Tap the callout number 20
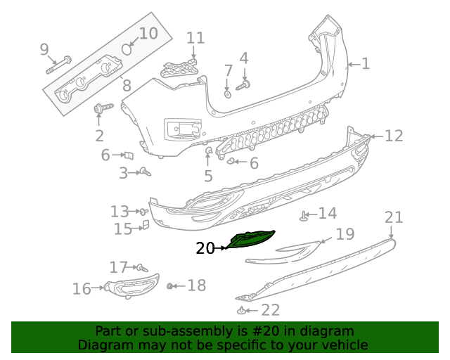[205, 248]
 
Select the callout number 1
[365, 65]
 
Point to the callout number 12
[394, 136]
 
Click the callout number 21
[394, 217]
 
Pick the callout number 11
[195, 38]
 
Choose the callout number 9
[44, 49]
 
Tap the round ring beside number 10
[127, 49]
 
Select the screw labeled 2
[102, 109]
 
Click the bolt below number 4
[243, 86]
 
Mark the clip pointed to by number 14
[304, 216]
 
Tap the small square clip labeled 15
[146, 225]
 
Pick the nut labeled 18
[170, 286]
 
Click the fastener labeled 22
[243, 310]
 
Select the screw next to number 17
[141, 268]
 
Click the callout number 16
[82, 288]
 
